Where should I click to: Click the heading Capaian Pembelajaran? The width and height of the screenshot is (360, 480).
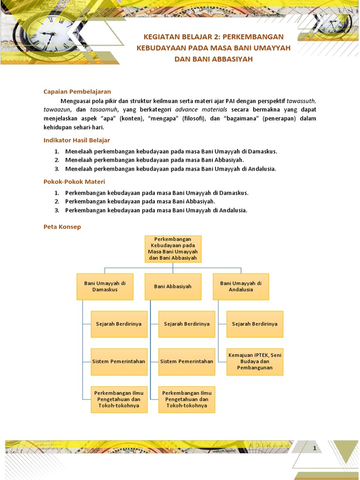tap(77, 91)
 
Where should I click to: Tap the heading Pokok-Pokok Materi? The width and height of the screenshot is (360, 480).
tap(74, 181)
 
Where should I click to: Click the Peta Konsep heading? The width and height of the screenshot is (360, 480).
tap(62, 226)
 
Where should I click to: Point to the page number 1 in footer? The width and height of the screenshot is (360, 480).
tap(315, 449)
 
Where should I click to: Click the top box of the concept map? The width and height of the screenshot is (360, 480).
tap(172, 249)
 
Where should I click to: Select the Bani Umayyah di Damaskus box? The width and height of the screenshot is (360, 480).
tap(105, 286)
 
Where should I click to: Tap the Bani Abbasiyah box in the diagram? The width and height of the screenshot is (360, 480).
tap(172, 286)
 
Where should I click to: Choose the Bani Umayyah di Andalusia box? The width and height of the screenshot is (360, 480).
tap(241, 286)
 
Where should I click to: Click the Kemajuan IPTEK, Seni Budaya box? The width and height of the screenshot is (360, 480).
tap(255, 361)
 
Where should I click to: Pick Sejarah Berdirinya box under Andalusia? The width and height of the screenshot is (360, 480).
tap(255, 324)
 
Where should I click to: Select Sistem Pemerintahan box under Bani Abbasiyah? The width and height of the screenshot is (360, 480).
tap(187, 361)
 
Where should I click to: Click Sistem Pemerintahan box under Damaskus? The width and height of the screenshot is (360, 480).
tap(119, 361)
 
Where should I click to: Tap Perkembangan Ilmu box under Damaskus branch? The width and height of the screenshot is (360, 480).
tap(119, 399)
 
